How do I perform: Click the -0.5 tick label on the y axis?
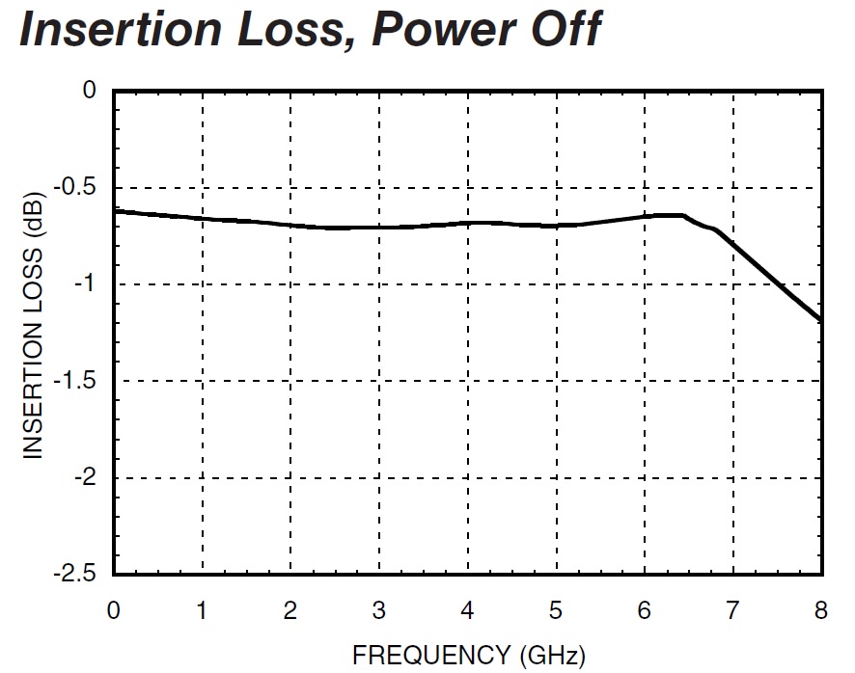(x=79, y=188)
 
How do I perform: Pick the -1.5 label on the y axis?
(x=79, y=382)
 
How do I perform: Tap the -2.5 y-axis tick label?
(x=79, y=575)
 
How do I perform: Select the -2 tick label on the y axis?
(x=85, y=478)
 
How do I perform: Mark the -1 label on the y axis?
(x=85, y=284)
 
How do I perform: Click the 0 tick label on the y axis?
(x=91, y=92)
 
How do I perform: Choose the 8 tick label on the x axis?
(x=821, y=609)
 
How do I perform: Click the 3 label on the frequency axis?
(x=379, y=609)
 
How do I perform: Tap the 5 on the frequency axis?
(x=556, y=609)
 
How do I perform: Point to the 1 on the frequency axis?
(x=203, y=609)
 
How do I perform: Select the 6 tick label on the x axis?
(x=645, y=609)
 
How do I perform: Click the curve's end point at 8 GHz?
(x=821, y=320)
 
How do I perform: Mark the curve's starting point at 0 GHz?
(x=115, y=210)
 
